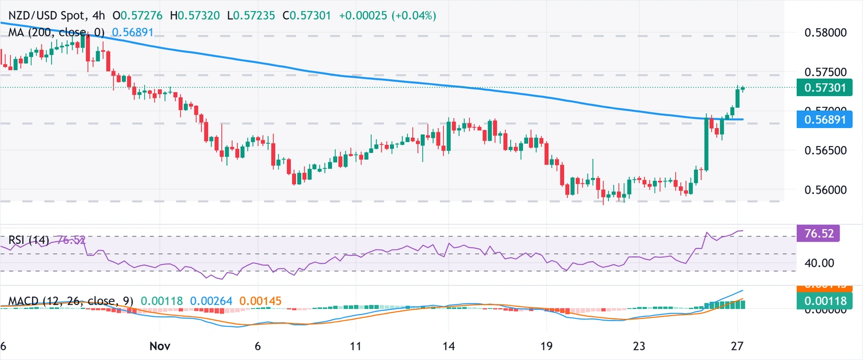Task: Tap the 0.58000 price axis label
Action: pos(829,33)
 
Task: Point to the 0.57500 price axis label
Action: pos(829,72)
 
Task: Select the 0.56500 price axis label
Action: pos(829,151)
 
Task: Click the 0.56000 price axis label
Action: pos(829,190)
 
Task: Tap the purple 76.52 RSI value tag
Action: pos(819,233)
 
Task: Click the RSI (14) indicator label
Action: pos(28,240)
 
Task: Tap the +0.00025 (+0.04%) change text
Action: pos(388,16)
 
